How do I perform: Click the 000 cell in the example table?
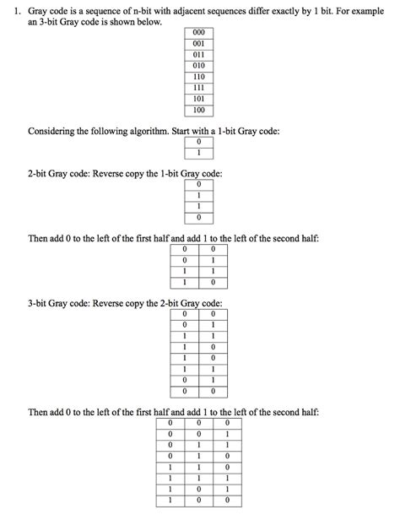(x=198, y=34)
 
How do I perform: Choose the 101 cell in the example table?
(x=198, y=99)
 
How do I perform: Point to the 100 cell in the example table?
(x=198, y=110)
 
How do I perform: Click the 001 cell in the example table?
(x=198, y=44)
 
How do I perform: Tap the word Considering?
(x=53, y=133)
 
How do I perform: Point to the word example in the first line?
(x=371, y=8)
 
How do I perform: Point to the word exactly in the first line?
(x=284, y=8)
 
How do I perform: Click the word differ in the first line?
(x=252, y=8)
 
